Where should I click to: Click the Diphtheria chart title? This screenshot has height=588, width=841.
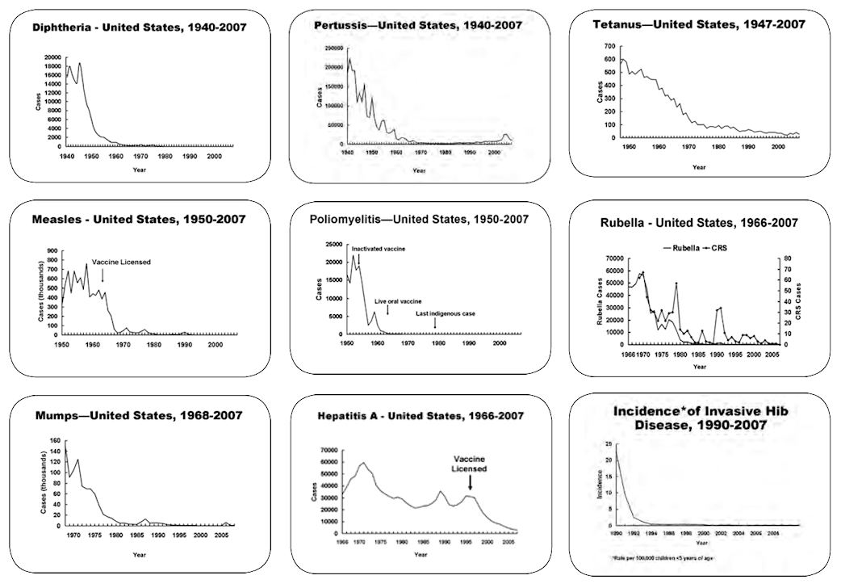point(140,27)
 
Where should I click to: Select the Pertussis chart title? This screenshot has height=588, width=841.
point(418,25)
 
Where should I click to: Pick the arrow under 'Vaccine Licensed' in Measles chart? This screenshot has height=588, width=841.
point(103,276)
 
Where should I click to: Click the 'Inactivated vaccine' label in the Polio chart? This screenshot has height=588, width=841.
point(378,249)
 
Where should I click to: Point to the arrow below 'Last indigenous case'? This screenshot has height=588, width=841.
point(435,325)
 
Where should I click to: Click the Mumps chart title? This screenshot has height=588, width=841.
point(138,415)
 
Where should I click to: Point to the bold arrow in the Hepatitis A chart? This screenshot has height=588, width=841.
point(471,482)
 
